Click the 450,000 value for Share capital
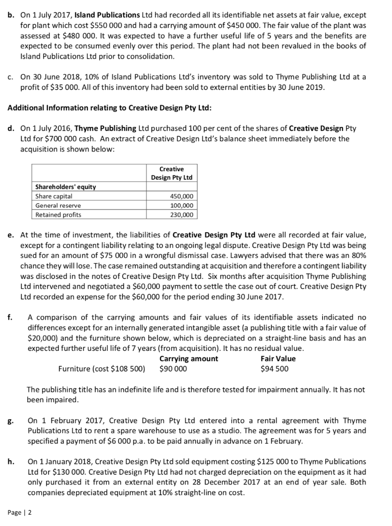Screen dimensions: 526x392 coord(181,196)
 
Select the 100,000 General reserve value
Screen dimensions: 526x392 coord(181,205)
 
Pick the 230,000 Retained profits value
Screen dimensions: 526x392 coord(181,215)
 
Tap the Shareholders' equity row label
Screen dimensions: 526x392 coord(65,187)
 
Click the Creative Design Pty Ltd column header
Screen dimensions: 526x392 coord(172,173)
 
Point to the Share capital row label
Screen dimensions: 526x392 coord(53,196)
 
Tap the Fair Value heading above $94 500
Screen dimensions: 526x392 coord(278,359)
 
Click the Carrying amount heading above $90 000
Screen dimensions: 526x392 coord(189,359)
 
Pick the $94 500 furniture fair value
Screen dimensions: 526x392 coord(274,368)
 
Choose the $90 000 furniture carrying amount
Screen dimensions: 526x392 coord(173,368)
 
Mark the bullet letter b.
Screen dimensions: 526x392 coord(11,9)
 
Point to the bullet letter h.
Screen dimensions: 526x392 coord(11,461)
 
